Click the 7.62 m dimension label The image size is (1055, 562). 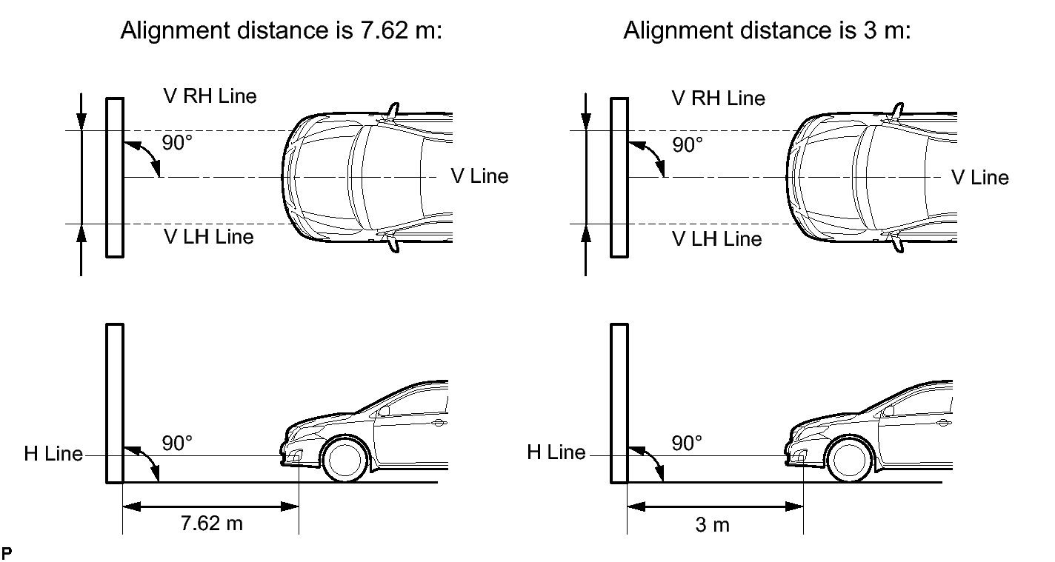click(212, 523)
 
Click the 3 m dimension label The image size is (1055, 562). click(712, 525)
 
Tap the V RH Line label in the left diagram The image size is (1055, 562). click(210, 96)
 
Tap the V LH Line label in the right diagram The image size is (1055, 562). click(716, 238)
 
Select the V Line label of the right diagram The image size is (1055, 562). click(979, 178)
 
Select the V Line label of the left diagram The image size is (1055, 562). click(479, 176)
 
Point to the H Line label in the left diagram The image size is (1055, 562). click(53, 454)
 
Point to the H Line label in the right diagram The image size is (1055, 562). click(556, 452)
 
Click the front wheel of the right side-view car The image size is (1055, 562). click(849, 459)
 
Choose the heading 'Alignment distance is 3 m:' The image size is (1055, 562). click(767, 31)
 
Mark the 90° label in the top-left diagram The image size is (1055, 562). click(177, 143)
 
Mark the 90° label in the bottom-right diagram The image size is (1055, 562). click(687, 443)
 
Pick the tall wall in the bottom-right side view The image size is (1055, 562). click(619, 404)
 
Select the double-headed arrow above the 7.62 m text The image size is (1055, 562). click(210, 507)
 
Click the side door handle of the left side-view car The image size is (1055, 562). click(439, 423)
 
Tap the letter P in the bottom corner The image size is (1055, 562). click(7, 552)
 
